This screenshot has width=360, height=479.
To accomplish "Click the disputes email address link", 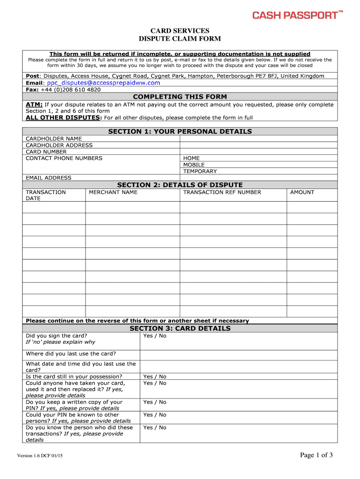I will click(103, 83).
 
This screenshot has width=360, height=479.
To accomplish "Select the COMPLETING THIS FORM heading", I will click(180, 97).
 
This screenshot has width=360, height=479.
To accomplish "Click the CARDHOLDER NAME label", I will click(54, 138).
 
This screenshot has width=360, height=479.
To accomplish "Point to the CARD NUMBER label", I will click(46, 152).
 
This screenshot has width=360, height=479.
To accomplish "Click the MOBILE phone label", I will click(194, 165).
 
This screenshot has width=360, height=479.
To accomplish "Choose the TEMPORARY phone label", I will click(200, 171).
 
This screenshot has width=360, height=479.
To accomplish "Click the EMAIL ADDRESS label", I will click(49, 178).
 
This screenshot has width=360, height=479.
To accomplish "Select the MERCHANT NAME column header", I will click(113, 192).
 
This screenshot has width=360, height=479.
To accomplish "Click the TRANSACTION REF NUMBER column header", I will click(222, 192).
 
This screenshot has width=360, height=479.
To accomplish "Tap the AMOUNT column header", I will click(302, 192).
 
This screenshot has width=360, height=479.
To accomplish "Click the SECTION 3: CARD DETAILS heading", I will click(180, 328).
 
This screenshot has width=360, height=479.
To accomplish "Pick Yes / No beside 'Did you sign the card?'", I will click(155, 336).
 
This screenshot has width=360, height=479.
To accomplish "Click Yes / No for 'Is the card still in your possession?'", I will click(155, 377).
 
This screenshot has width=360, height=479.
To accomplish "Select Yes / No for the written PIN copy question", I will click(155, 402).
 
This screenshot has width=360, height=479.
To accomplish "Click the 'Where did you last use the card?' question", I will click(71, 354).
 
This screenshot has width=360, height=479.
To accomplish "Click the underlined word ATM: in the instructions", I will click(34, 105).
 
